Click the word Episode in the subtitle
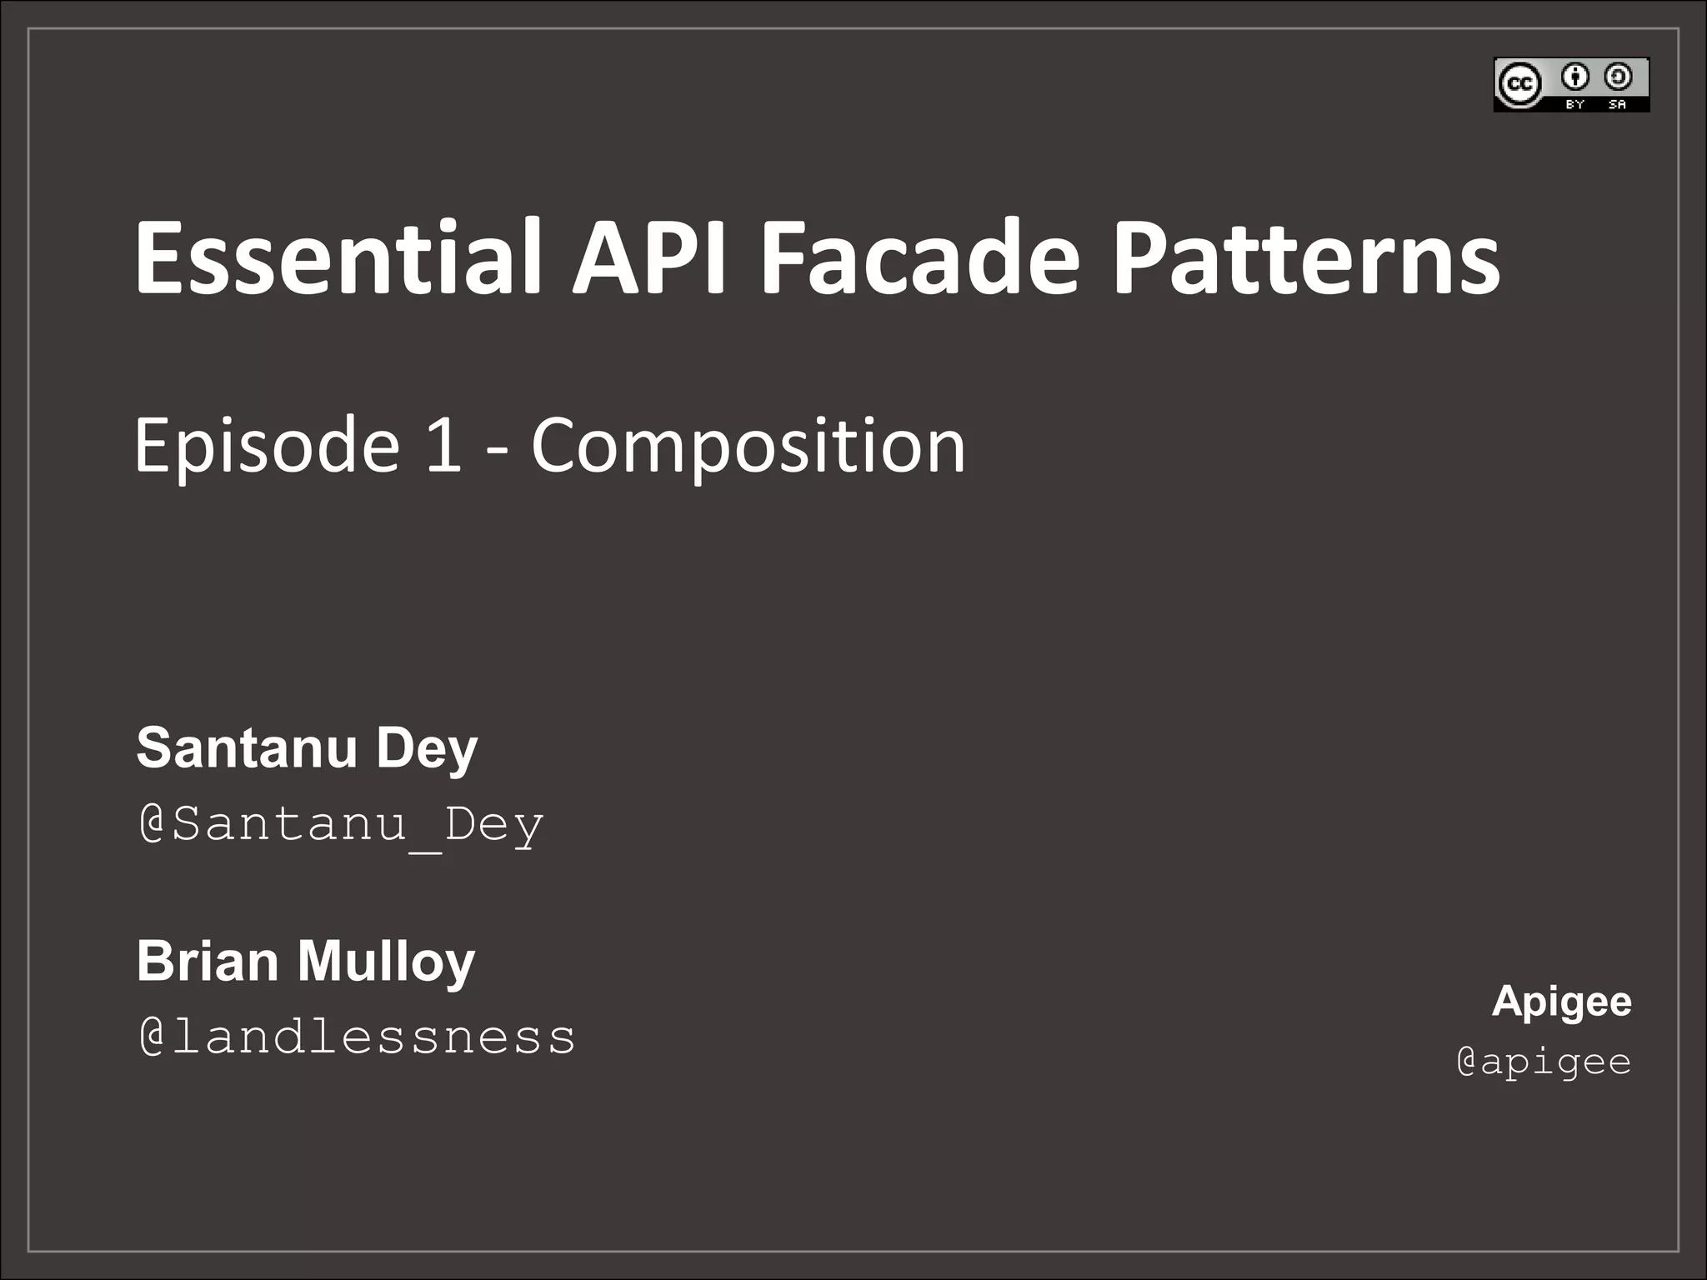click(x=267, y=447)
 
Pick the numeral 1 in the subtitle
click(x=443, y=445)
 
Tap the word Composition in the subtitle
click(x=748, y=447)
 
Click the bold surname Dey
click(x=427, y=749)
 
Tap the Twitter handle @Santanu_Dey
click(x=341, y=824)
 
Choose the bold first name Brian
click(x=208, y=960)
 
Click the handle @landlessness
click(x=357, y=1037)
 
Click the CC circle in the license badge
click(x=1519, y=84)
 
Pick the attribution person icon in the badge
click(x=1575, y=77)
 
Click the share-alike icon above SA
click(x=1618, y=77)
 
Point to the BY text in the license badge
click(x=1574, y=105)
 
